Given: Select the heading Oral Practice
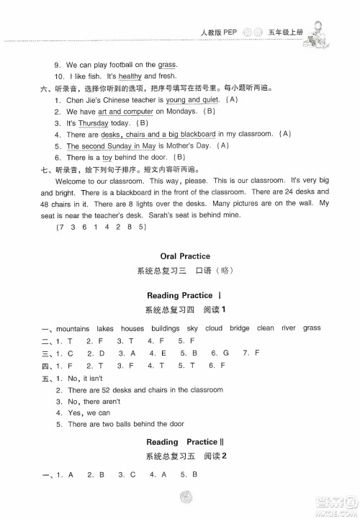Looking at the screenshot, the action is point(179,256).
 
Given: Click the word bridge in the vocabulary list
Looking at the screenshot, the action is point(240,328).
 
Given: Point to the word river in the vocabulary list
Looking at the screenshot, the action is point(288,328).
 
